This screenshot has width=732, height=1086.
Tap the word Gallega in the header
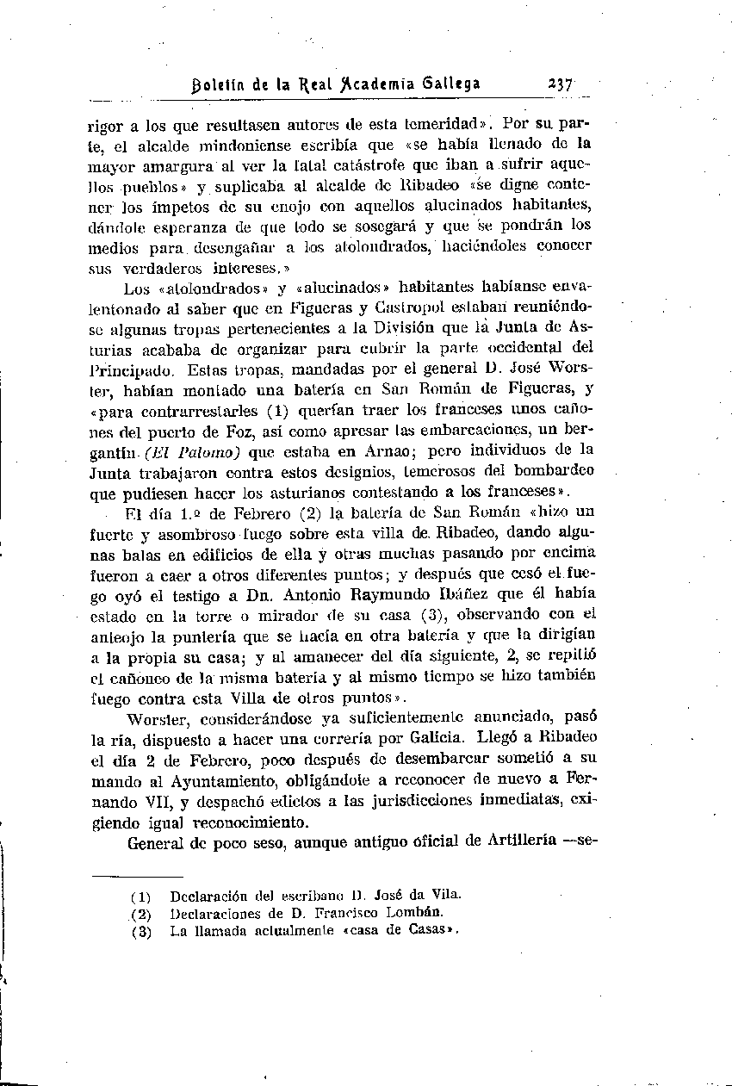pos(444,84)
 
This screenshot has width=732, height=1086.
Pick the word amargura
pos(175,164)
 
